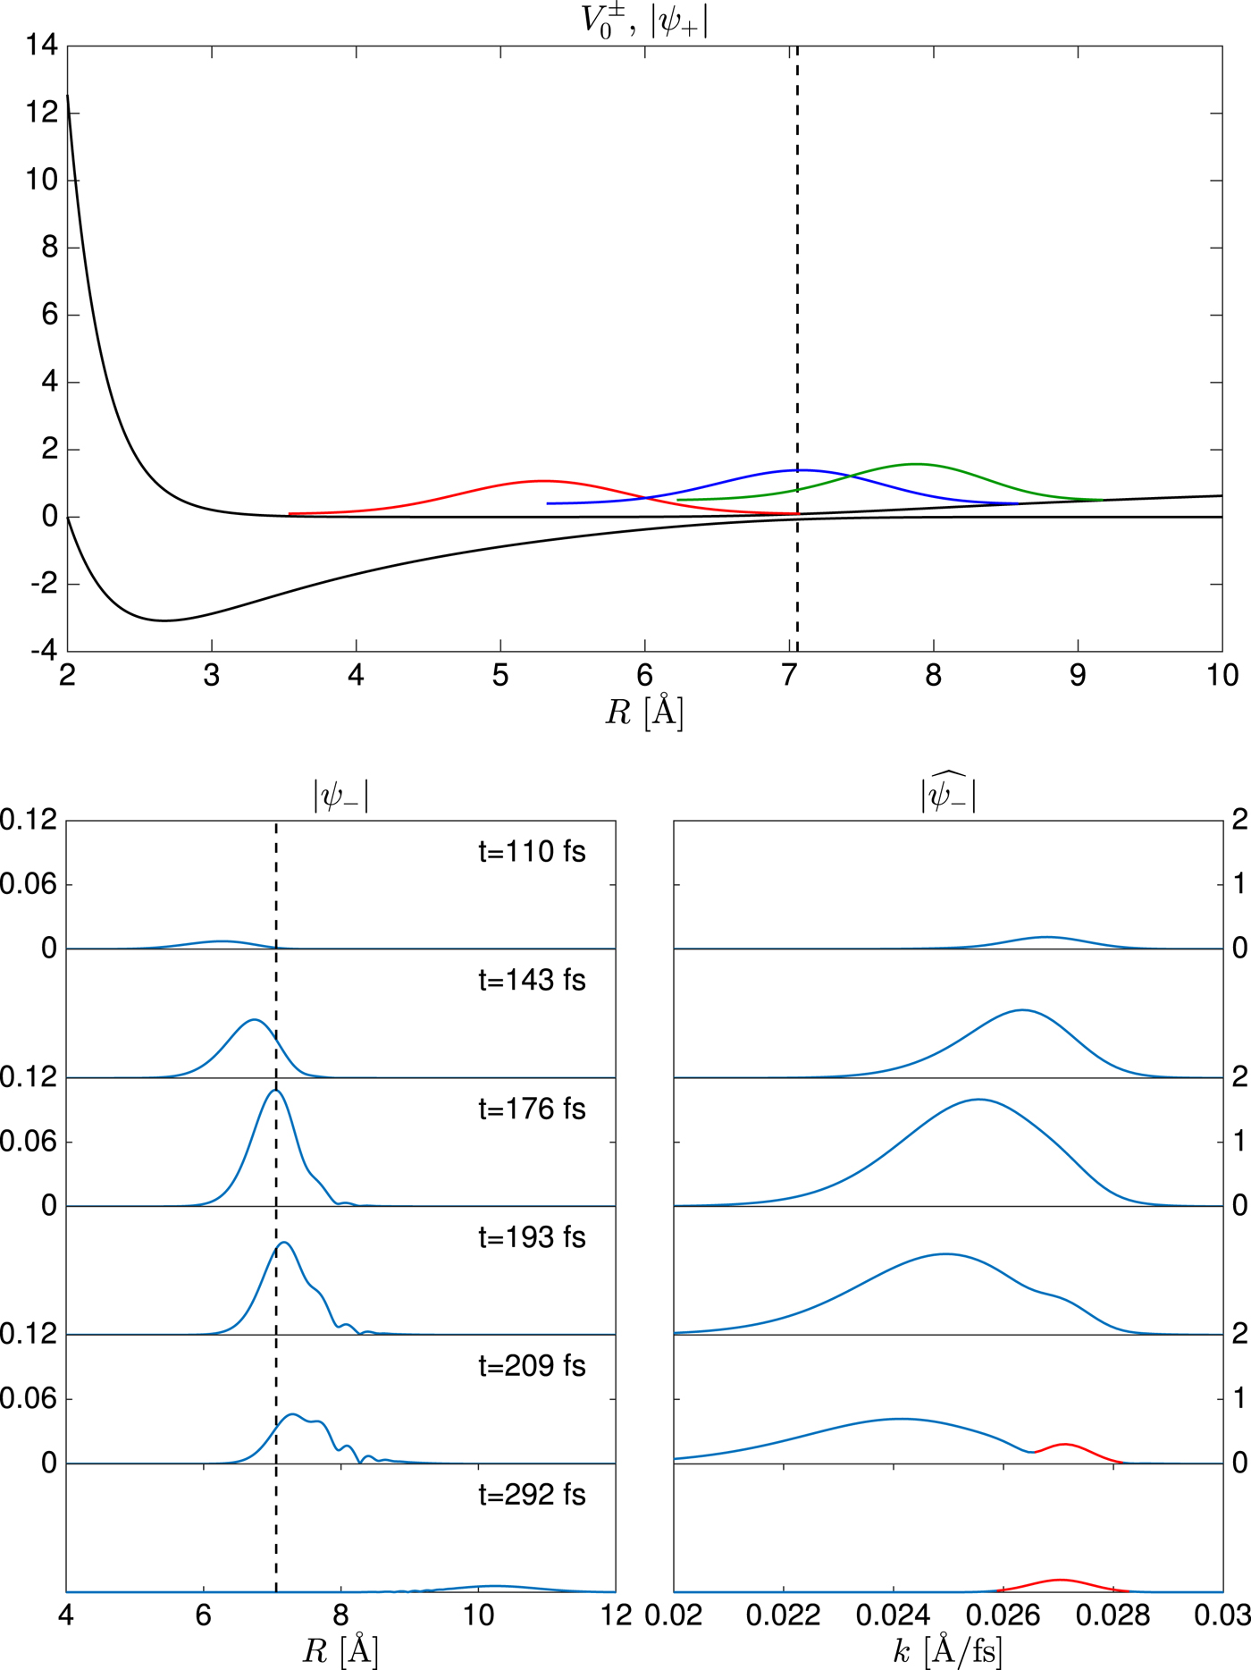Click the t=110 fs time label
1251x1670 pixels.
click(x=532, y=851)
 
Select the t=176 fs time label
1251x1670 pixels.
click(x=532, y=1109)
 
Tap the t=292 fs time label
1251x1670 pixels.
click(x=532, y=1495)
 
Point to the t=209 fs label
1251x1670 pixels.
click(x=532, y=1366)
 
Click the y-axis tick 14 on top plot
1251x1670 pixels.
click(x=41, y=45)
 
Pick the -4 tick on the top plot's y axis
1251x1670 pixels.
click(x=41, y=651)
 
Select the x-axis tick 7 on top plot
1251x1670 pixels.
click(x=789, y=675)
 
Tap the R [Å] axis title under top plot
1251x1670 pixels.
click(x=643, y=713)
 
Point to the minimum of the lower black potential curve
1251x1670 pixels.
click(x=163, y=620)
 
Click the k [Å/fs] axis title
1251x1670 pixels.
click(x=947, y=1649)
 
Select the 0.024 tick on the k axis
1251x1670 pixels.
click(x=894, y=1615)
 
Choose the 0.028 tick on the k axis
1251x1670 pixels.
click(x=1113, y=1615)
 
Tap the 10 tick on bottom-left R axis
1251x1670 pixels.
click(x=478, y=1615)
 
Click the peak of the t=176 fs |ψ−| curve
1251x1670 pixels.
click(x=275, y=1091)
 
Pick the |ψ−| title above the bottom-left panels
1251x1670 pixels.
click(x=340, y=795)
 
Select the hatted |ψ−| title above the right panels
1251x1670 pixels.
click(x=947, y=793)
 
